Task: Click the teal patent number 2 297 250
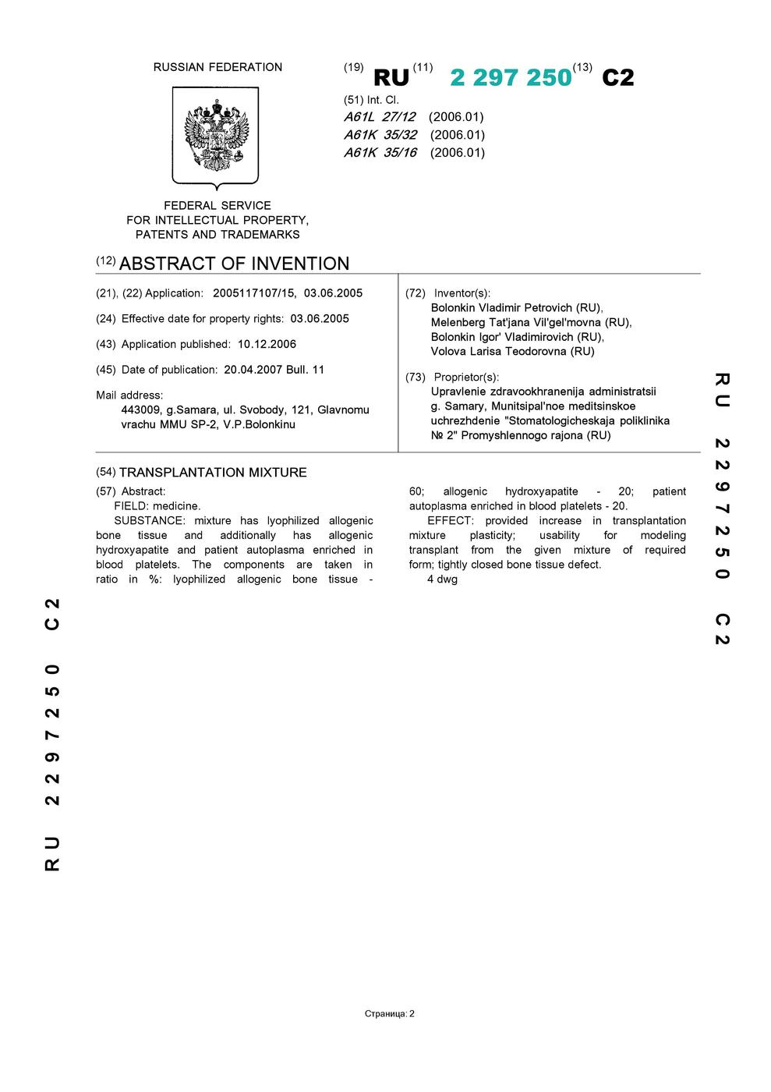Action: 511,77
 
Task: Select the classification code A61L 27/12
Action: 380,117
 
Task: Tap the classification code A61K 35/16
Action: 380,153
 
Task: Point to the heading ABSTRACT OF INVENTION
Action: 234,264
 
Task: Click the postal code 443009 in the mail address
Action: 141,409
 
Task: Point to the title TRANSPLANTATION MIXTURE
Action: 213,473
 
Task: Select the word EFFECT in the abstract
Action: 450,520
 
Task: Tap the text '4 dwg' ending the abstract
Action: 442,580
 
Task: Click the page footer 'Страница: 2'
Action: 389,1014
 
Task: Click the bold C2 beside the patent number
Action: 618,77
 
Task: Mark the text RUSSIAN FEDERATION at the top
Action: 218,67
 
